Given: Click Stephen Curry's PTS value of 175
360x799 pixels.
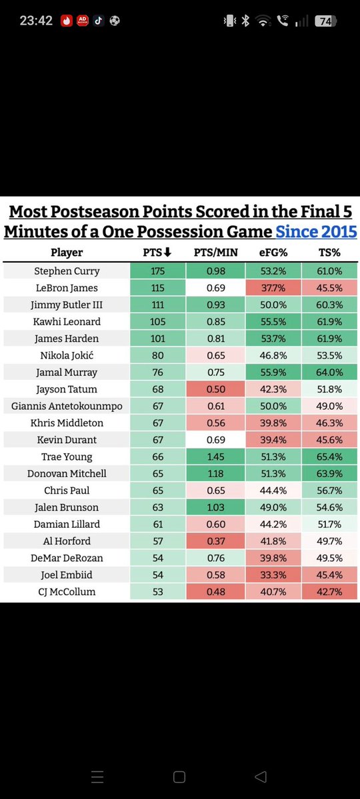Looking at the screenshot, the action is [158, 271].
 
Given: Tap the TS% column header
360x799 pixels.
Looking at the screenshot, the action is [329, 253].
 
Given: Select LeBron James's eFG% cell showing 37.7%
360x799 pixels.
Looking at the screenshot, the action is [273, 288].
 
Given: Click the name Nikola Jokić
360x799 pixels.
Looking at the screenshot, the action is [67, 356].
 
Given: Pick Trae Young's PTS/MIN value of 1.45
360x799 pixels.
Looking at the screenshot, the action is [216, 456].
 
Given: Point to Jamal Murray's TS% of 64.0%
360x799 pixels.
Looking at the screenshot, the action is [329, 373].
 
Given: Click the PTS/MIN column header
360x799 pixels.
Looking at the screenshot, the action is [216, 253].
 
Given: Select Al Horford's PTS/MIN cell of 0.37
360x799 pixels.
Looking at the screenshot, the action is [216, 541].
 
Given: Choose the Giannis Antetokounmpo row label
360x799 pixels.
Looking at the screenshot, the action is [67, 406].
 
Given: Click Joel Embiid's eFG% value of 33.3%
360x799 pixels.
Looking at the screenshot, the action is [273, 575].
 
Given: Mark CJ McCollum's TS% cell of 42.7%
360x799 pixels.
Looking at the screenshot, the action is [329, 592].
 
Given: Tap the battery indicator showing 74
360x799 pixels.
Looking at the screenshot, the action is [325, 21].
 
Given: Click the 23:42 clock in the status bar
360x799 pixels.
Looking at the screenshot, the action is [36, 21].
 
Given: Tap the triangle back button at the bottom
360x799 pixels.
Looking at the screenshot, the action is [260, 776].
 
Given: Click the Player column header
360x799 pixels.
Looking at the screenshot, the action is [67, 253].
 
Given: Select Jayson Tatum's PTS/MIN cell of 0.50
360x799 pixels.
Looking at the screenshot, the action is [216, 389].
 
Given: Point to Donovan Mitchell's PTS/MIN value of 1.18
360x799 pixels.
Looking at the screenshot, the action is [216, 473].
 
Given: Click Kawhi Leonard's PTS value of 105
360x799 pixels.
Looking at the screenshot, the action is [158, 322].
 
